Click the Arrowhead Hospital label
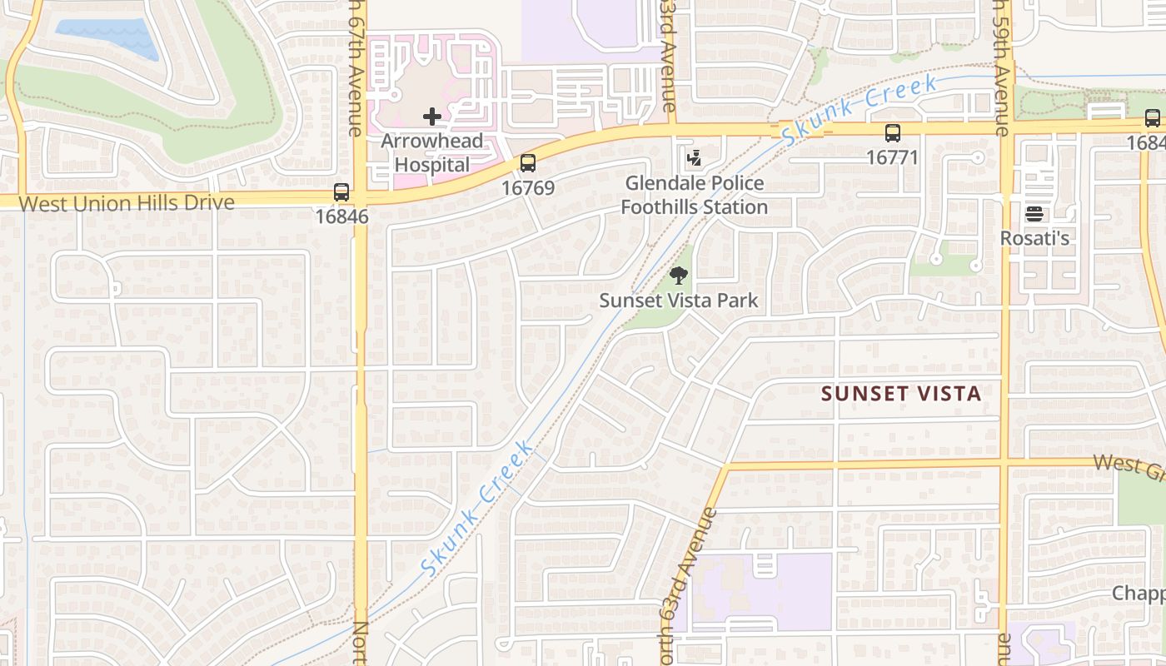click(431, 152)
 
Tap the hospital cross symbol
click(431, 117)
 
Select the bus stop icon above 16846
click(341, 192)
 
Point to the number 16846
click(341, 216)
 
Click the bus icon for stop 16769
click(527, 163)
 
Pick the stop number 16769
click(527, 188)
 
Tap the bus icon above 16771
click(892, 132)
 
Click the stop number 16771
click(892, 157)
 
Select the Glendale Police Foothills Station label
click(694, 195)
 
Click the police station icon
click(693, 157)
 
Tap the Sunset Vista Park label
click(679, 301)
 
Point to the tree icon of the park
click(679, 276)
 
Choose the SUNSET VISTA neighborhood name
click(901, 394)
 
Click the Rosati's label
click(1034, 239)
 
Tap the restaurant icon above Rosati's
click(1034, 215)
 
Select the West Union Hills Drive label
click(126, 203)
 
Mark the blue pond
click(107, 36)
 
